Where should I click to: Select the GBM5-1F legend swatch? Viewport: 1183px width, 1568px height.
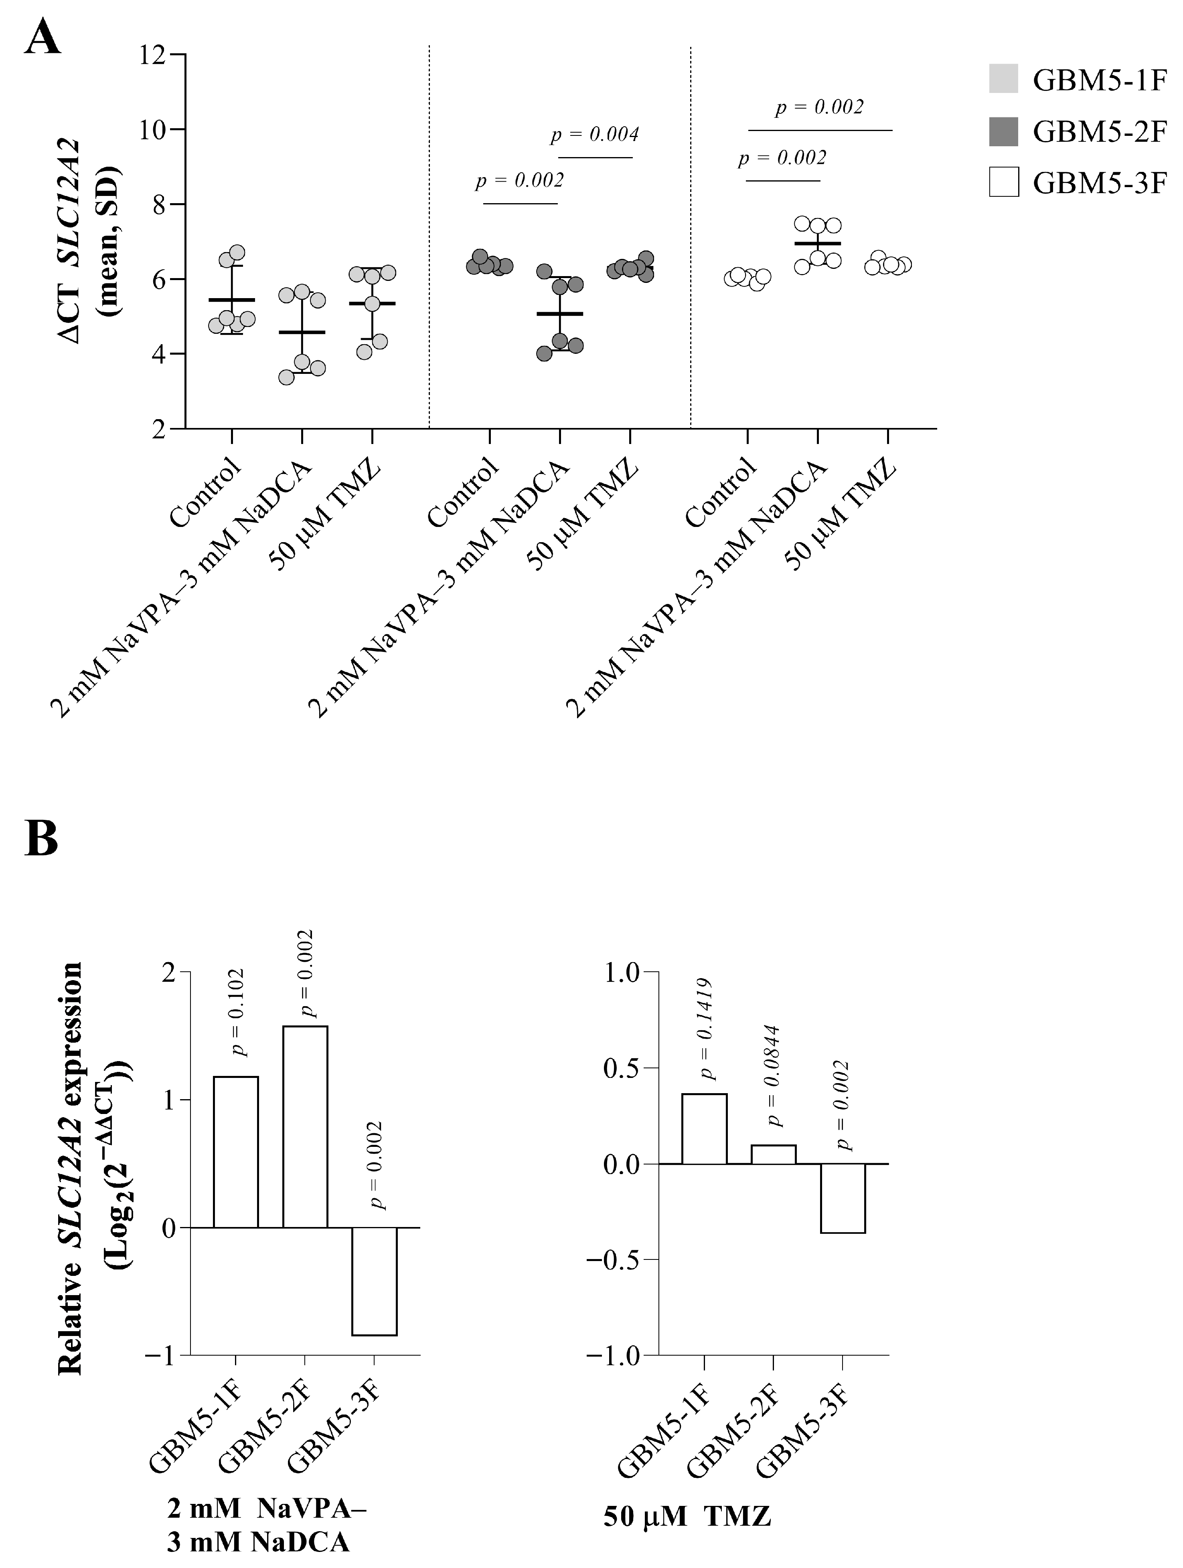[1004, 79]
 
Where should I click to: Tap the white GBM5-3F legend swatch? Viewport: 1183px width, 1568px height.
[1004, 182]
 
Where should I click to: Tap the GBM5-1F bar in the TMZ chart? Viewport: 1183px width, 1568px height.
[704, 1128]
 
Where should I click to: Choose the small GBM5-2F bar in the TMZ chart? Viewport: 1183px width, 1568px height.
[773, 1154]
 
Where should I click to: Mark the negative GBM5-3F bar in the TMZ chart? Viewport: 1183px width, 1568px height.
[843, 1199]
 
